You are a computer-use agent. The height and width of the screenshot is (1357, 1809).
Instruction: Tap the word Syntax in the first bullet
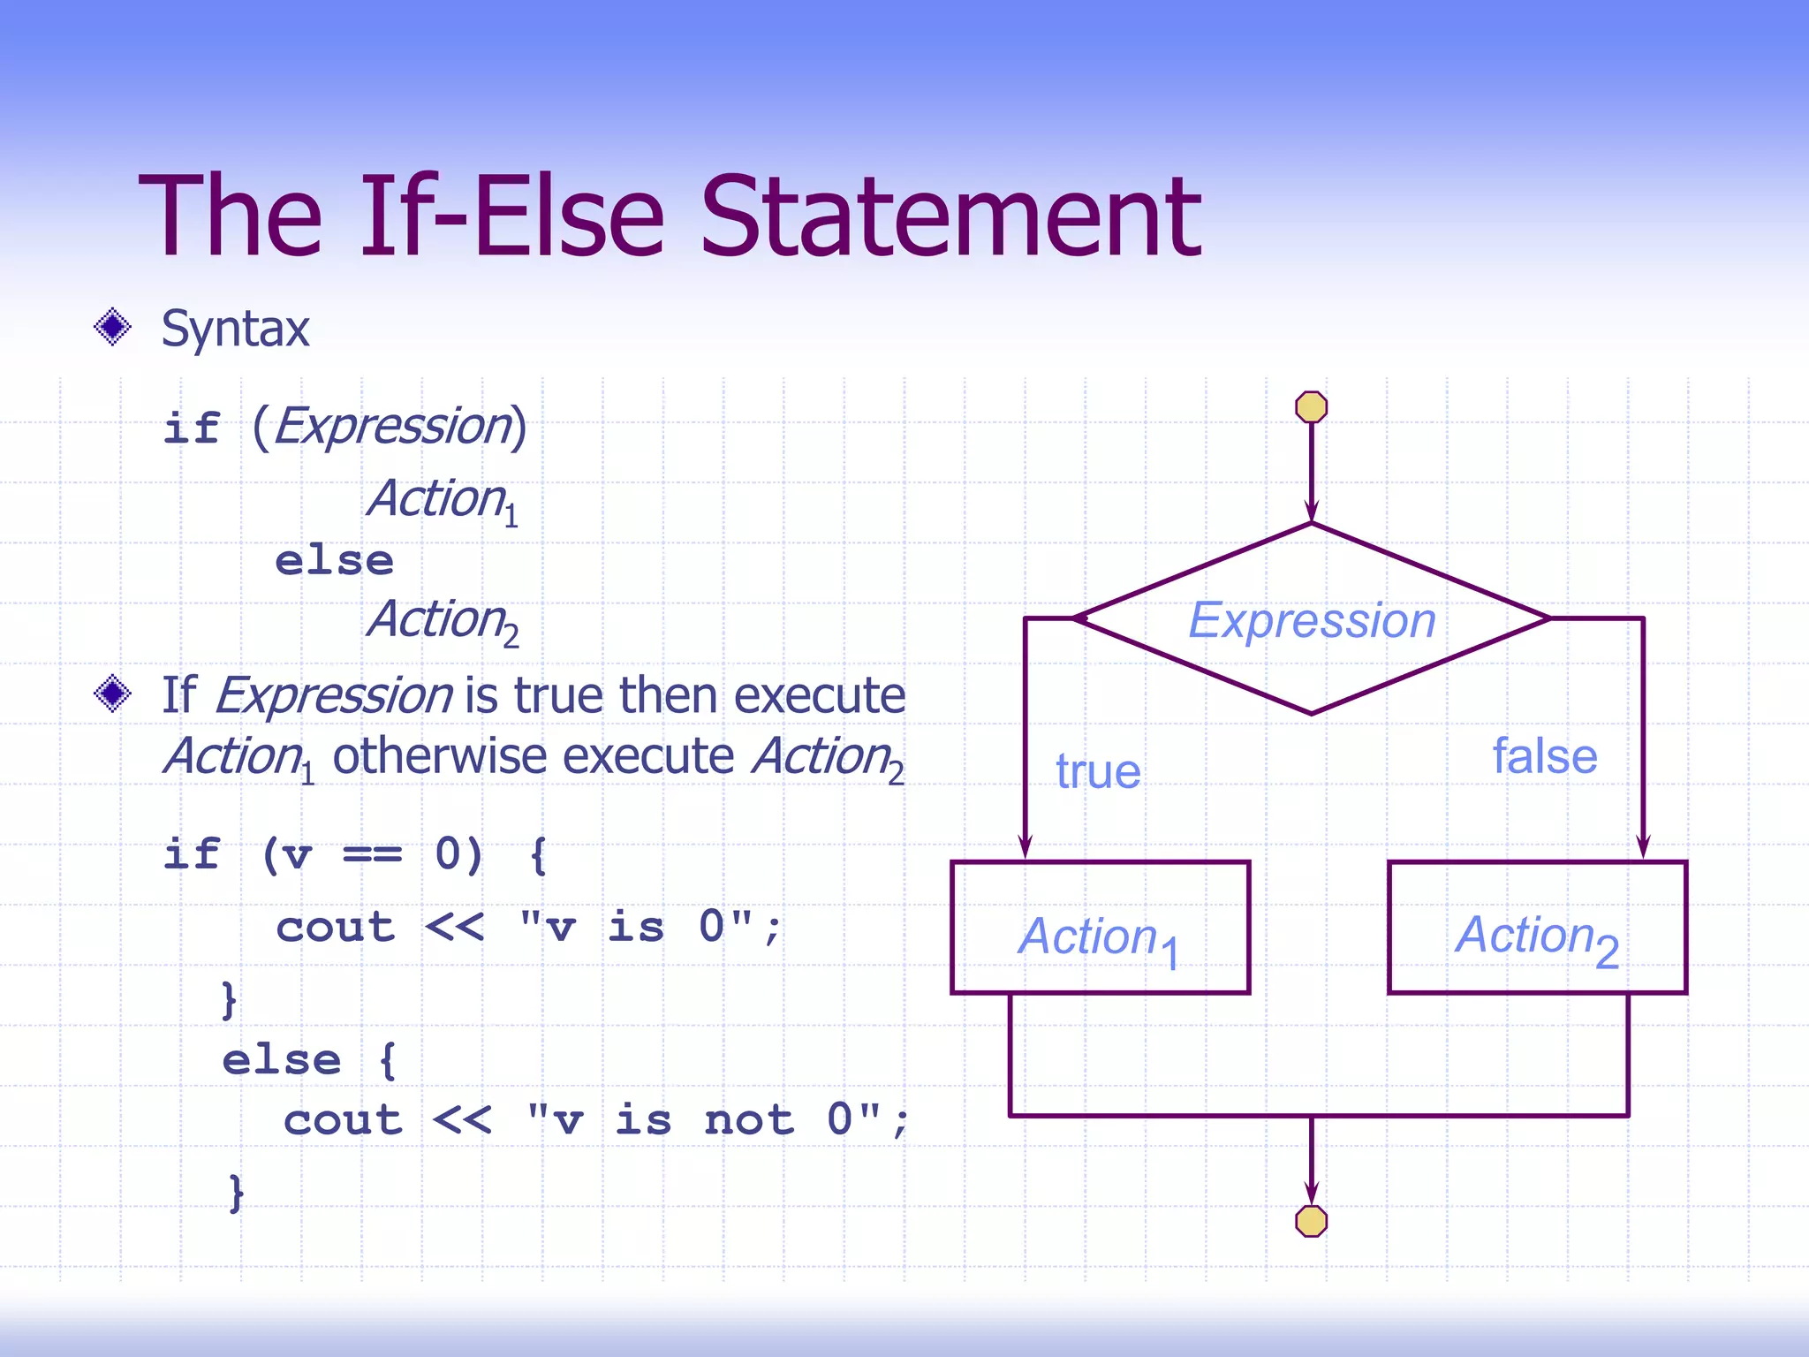click(235, 329)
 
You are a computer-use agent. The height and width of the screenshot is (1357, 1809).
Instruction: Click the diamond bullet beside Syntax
click(112, 328)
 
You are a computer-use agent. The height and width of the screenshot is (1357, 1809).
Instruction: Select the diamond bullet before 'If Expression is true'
click(112, 694)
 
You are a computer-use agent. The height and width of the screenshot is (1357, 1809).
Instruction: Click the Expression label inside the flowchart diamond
click(1312, 620)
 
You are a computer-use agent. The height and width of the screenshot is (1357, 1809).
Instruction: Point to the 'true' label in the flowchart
click(1098, 771)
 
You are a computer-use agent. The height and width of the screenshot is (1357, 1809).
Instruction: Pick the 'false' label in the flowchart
click(1545, 756)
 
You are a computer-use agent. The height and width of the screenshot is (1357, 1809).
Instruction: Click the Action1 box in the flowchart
click(1100, 928)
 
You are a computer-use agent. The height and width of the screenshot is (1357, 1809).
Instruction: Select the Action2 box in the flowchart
click(1537, 928)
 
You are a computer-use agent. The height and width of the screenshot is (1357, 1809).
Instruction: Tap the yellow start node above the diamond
click(1311, 407)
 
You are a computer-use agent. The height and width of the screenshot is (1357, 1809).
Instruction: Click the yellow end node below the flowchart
click(1311, 1221)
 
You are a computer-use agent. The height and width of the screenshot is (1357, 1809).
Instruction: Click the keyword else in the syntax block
click(334, 561)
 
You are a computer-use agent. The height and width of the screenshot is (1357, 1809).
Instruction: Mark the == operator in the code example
click(372, 854)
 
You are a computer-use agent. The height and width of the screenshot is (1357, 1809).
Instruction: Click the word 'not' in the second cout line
click(749, 1120)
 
